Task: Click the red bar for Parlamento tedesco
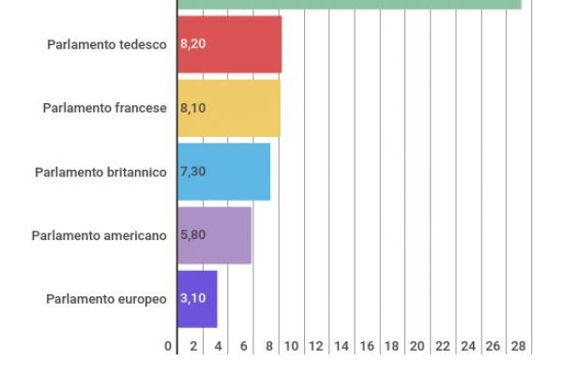point(230,44)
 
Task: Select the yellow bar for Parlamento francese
point(229,108)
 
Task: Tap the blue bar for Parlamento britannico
point(224,172)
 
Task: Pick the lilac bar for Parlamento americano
point(215,235)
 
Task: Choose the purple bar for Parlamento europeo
point(198,299)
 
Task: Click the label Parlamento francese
point(104,108)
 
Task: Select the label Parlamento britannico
point(100,172)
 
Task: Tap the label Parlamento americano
point(99,235)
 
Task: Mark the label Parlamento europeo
point(106,299)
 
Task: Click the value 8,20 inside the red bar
point(192,44)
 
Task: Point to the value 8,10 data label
point(192,108)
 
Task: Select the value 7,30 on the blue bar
point(192,172)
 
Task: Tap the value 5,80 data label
point(192,235)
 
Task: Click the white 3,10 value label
point(192,299)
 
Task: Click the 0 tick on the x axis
point(169,346)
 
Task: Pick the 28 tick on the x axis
point(517,346)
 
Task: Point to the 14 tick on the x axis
point(342,346)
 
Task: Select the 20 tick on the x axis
point(418,346)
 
